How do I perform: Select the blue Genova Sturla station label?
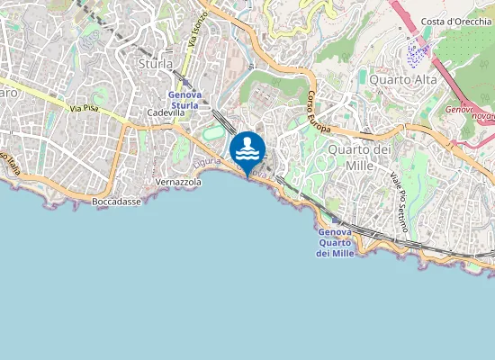(x=184, y=100)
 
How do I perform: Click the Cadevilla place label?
(x=166, y=113)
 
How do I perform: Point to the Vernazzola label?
(x=178, y=182)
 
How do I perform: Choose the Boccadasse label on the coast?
(x=116, y=202)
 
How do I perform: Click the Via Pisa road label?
(x=84, y=110)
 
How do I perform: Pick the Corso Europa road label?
(x=321, y=113)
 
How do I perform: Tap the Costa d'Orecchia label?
(x=454, y=21)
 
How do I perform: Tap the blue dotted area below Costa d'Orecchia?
(x=417, y=53)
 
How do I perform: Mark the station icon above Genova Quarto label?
(x=337, y=219)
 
